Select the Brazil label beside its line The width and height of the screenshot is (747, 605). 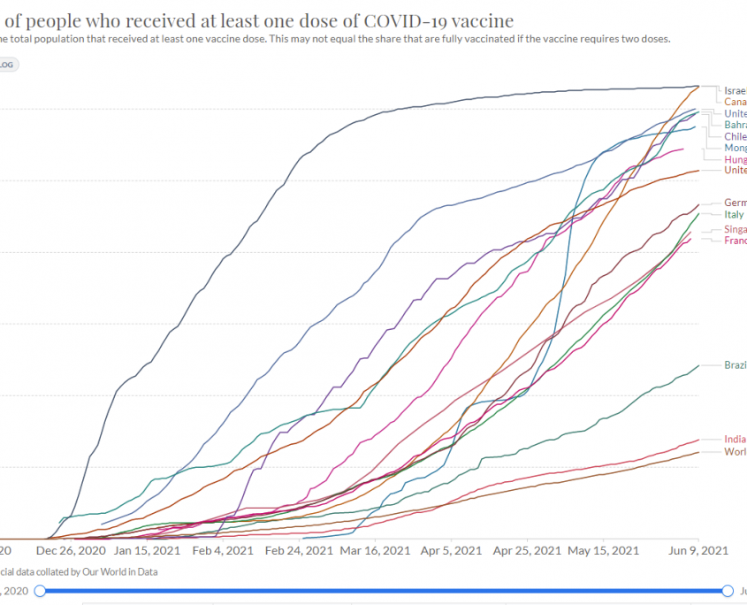coord(736,365)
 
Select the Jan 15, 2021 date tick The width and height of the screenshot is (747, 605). coord(148,550)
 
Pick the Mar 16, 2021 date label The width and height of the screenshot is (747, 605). coord(377,550)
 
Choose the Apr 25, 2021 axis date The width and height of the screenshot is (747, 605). coord(528,550)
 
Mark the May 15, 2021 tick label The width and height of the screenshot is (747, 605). coord(605,550)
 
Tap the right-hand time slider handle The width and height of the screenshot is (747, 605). coord(728,590)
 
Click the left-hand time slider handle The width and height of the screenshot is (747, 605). coord(40,590)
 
